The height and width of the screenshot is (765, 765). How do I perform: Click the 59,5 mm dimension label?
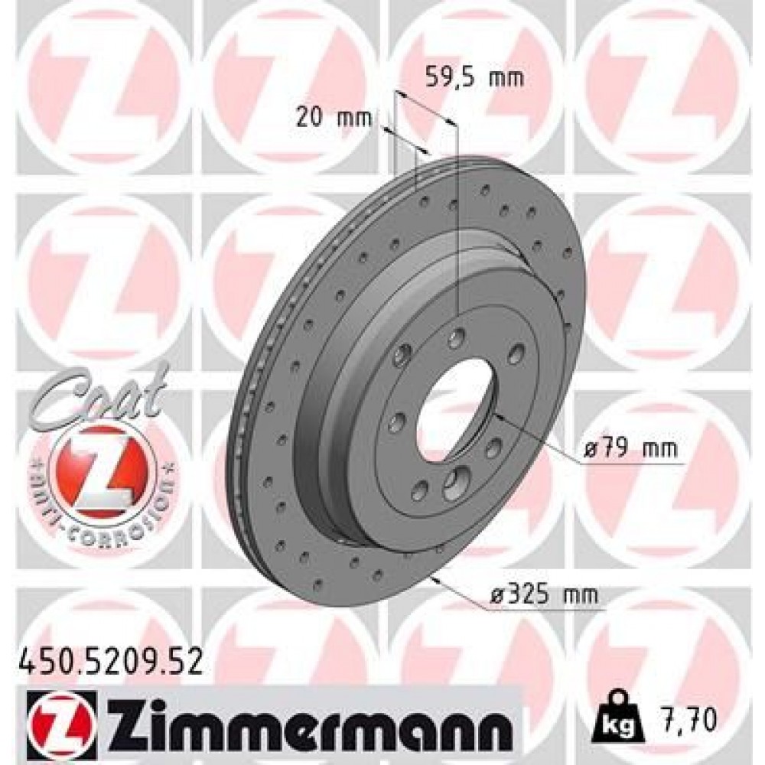pos(474,78)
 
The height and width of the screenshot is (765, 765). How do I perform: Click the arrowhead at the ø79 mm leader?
pos(496,415)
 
